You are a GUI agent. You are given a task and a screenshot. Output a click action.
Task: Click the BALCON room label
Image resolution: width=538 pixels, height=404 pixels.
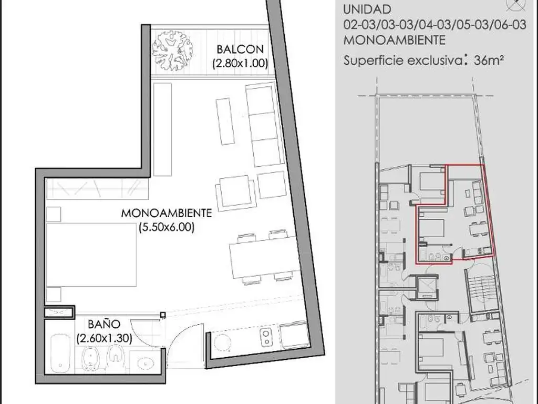click(x=240, y=49)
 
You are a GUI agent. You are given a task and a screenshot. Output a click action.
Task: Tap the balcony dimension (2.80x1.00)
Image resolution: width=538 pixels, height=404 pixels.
click(x=240, y=64)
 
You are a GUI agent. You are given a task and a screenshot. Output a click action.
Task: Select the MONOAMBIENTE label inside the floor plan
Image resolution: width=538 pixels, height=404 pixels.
click(x=167, y=213)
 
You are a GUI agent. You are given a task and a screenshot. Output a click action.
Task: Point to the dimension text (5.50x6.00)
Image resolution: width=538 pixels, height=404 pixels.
click(x=167, y=227)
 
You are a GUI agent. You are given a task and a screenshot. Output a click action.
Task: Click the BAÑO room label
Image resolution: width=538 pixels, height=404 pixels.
click(x=104, y=324)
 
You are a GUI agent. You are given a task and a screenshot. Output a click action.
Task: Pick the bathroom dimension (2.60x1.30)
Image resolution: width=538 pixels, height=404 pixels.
click(x=105, y=339)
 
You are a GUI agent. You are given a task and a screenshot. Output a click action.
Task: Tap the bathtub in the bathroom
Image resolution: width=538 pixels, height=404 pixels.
click(x=60, y=352)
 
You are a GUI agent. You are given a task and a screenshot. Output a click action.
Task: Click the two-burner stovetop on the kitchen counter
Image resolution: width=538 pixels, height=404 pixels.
click(x=266, y=337)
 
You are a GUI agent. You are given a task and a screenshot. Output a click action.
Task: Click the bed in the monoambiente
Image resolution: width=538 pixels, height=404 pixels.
click(x=91, y=255)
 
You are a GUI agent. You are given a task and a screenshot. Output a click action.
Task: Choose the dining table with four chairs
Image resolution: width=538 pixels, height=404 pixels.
click(x=264, y=257)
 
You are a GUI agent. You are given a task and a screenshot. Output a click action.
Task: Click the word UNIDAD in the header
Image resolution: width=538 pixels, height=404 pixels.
click(x=367, y=9)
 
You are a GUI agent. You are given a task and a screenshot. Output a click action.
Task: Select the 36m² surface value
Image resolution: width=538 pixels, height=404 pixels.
click(x=489, y=60)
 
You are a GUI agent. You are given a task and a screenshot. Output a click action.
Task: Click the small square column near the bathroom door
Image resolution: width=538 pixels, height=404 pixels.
click(x=163, y=315)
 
